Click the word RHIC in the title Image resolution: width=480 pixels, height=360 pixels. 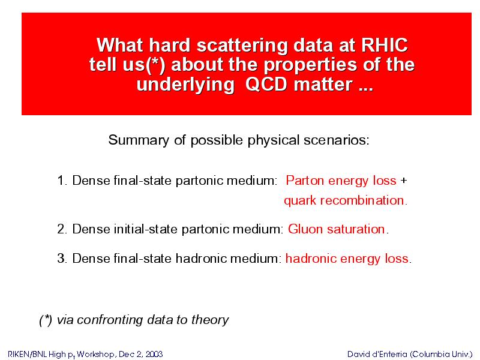(x=385, y=46)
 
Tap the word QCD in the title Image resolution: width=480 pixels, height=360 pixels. (x=266, y=84)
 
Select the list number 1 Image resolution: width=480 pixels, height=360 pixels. (x=62, y=181)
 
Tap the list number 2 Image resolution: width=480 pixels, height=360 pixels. (x=62, y=229)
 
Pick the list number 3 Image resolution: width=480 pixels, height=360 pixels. (x=62, y=259)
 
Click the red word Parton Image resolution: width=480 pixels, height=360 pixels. (x=305, y=181)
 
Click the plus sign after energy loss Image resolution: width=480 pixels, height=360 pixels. (x=404, y=181)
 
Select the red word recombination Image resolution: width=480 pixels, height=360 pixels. (x=363, y=200)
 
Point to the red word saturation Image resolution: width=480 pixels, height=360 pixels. (x=356, y=229)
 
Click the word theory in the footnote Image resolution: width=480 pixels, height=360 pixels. (x=210, y=320)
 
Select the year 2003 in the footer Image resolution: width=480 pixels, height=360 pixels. (x=154, y=354)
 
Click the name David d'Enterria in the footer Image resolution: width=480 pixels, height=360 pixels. (x=377, y=354)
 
